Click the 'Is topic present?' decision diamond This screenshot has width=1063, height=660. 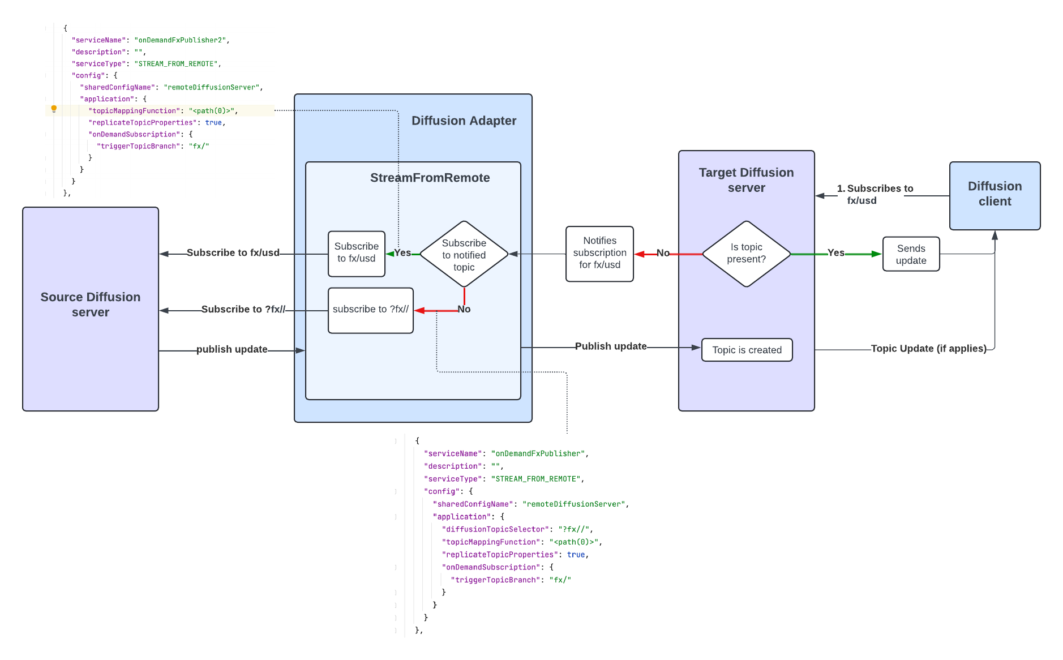746,254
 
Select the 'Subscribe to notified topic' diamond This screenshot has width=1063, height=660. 464,255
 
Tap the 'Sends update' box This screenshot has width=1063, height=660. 911,254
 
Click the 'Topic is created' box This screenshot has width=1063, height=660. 747,350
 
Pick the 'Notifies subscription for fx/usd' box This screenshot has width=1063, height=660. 599,253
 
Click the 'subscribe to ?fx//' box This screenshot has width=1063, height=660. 370,310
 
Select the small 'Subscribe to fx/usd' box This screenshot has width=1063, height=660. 356,253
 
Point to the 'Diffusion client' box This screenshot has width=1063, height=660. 995,194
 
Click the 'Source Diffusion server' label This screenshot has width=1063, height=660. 91,305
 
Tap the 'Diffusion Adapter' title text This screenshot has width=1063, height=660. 464,121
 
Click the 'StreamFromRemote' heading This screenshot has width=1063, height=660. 430,178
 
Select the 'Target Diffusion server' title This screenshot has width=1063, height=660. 746,180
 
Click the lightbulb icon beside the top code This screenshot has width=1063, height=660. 54,109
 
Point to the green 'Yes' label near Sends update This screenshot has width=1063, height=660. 835,252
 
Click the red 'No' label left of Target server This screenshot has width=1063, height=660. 663,253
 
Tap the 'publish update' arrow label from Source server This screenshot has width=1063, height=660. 232,349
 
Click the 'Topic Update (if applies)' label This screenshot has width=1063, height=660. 928,348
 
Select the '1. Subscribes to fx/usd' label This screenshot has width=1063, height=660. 875,194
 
